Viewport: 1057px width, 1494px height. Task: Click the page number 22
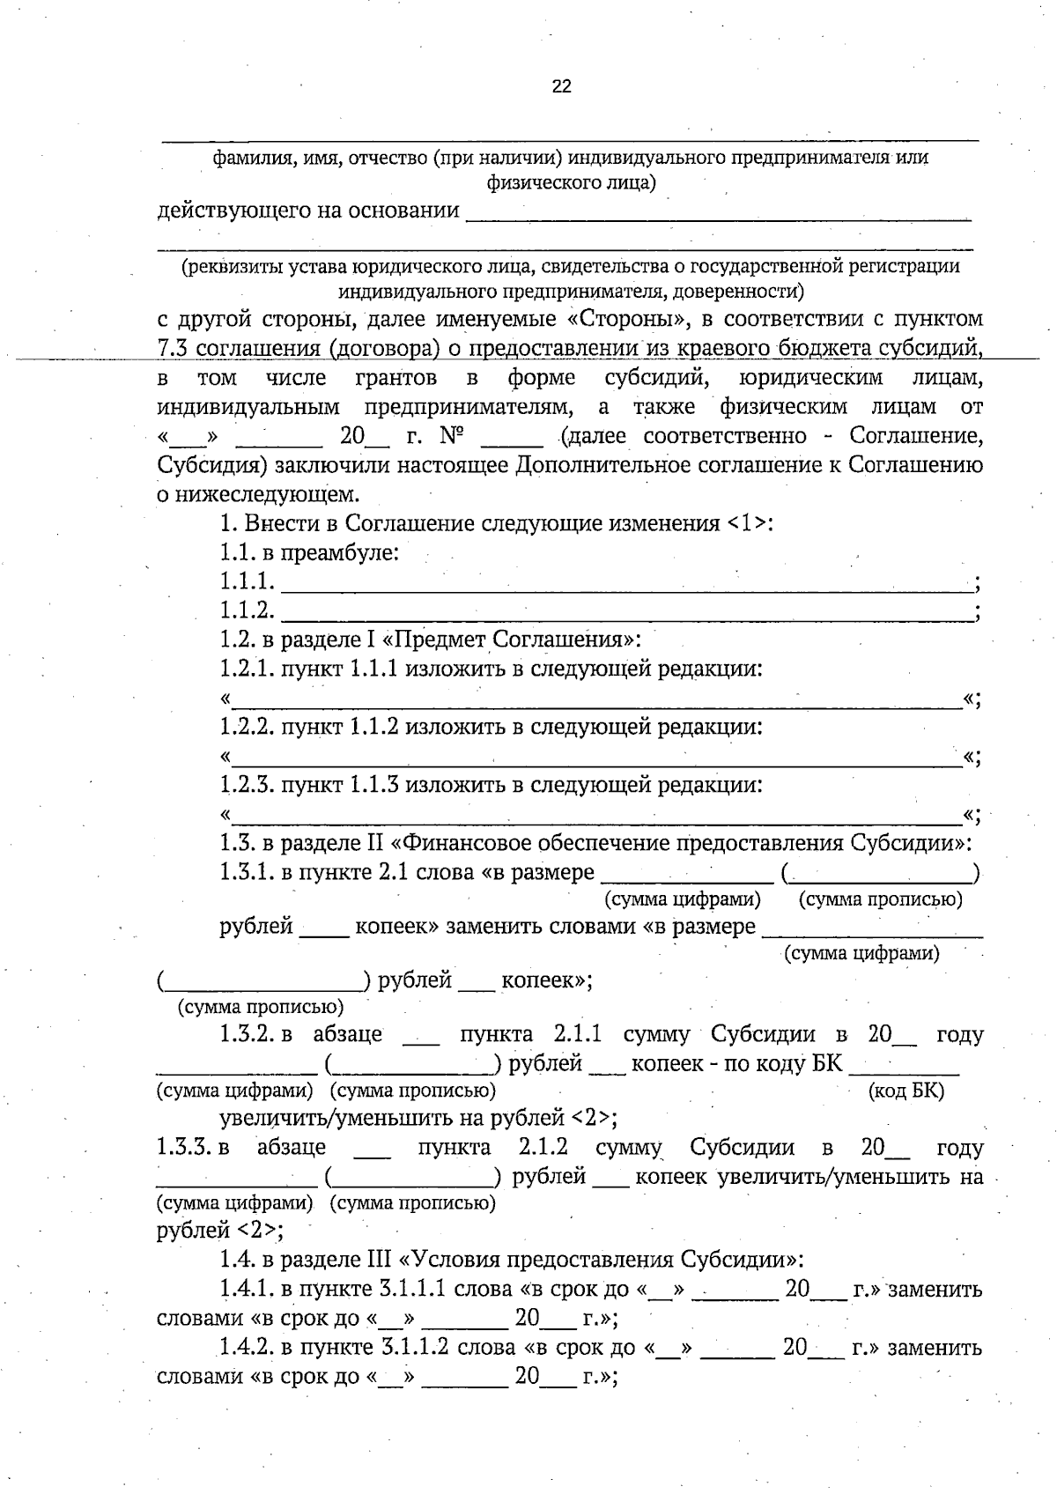[x=561, y=85]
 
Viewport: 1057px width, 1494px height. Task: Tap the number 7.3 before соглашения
[x=173, y=347]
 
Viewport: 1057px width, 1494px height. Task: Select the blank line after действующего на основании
[x=717, y=215]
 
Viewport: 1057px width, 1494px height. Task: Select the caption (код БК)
[x=905, y=1091]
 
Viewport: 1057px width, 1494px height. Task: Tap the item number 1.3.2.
[x=248, y=1034]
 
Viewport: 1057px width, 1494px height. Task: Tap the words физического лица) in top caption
[x=571, y=183]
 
